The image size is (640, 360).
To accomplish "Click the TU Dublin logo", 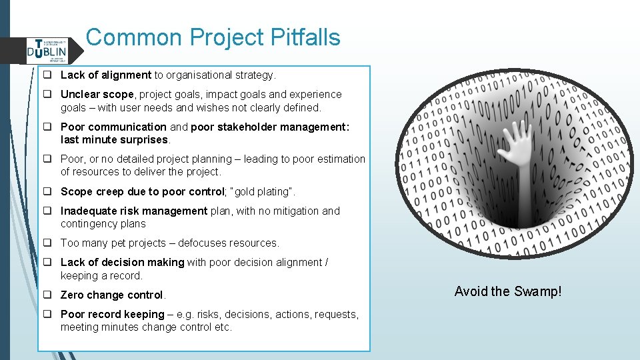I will coord(47,49).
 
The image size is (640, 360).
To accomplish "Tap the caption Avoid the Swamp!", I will coord(508,291).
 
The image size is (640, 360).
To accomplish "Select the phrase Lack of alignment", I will coord(106,75).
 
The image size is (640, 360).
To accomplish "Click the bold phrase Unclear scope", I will coord(97,95).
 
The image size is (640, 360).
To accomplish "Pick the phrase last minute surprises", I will coord(115,140).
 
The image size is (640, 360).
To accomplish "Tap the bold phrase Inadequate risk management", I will coord(134,211).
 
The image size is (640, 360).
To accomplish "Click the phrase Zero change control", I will coord(112,295).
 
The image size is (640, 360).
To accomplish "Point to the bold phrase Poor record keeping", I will coord(112,315).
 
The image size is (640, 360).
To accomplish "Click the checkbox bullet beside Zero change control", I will coord(49,295).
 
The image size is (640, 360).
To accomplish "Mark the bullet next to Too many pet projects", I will coord(49,243).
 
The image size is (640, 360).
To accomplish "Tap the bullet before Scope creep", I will coord(49,192).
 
